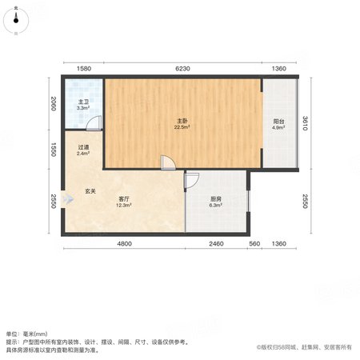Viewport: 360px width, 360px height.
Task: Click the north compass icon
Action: [16, 20]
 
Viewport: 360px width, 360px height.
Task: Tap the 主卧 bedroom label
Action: [182, 122]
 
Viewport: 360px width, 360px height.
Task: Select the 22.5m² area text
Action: [182, 127]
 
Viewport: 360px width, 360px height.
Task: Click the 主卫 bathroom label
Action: [83, 102]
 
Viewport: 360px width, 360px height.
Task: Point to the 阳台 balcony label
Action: [278, 122]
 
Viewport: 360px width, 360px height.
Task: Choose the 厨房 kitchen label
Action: [216, 199]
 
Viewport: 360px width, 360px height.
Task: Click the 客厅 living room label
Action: [124, 199]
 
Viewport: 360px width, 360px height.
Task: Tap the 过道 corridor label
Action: [83, 147]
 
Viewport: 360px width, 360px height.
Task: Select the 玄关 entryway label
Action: [90, 191]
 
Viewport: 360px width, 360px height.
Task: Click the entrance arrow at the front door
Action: [67, 199]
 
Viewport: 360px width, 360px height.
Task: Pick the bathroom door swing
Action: [94, 123]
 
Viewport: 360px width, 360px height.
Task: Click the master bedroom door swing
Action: [169, 162]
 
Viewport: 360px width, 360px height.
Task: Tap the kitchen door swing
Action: [191, 181]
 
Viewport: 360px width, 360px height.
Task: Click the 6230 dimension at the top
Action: [182, 69]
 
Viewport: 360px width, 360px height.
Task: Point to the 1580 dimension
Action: [84, 69]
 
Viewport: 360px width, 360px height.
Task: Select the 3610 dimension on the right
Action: [306, 123]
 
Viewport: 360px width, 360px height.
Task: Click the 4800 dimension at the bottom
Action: [125, 244]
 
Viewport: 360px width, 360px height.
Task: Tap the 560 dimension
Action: [254, 244]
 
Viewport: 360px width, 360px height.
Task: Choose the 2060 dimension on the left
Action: [54, 104]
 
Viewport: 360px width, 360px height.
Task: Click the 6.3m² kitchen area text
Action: [216, 205]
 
